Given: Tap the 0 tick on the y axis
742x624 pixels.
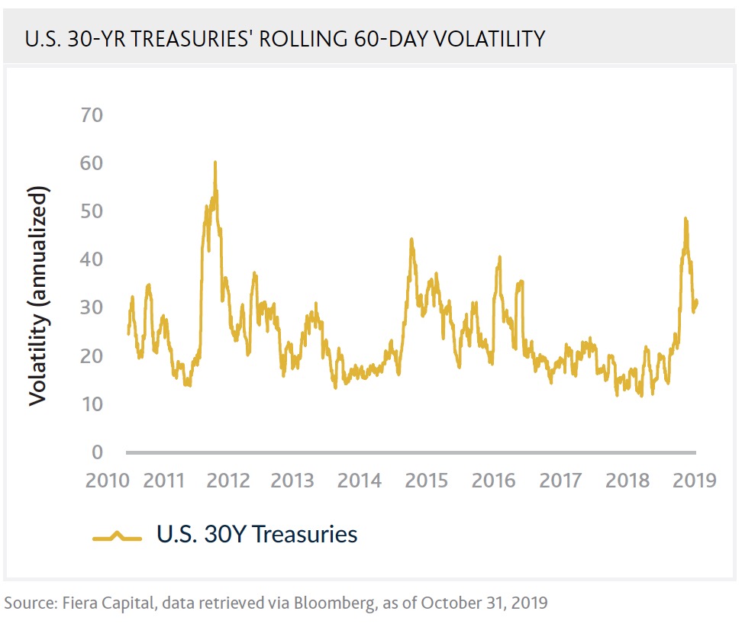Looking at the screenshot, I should pyautogui.click(x=97, y=452).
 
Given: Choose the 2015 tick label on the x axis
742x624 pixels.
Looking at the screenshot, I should pyautogui.click(x=427, y=481).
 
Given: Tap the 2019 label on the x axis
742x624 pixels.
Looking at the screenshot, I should pyautogui.click(x=695, y=481).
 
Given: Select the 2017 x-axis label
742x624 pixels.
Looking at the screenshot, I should pyautogui.click(x=560, y=481).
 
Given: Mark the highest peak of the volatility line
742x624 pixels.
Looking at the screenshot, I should pyautogui.click(x=215, y=162).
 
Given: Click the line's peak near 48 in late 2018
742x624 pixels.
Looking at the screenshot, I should pyautogui.click(x=686, y=219).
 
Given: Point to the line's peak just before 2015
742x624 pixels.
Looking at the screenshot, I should pyautogui.click(x=411, y=240).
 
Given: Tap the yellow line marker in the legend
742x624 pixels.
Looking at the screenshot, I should pyautogui.click(x=118, y=537).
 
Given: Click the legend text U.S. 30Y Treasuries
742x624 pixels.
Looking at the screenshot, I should pyautogui.click(x=256, y=534).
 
